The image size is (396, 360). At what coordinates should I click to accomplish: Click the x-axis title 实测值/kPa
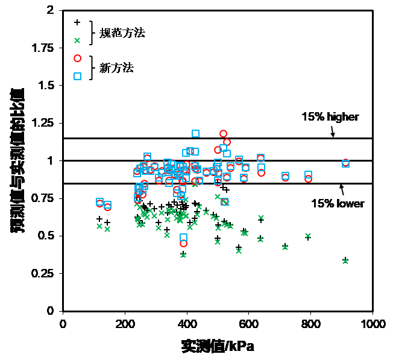(x=218, y=346)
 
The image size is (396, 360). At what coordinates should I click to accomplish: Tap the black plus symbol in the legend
(x=77, y=23)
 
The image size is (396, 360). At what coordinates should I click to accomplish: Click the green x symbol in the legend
(x=77, y=40)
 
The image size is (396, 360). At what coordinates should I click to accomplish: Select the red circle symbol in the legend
(x=77, y=58)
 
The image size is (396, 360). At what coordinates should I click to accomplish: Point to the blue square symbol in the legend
(x=77, y=76)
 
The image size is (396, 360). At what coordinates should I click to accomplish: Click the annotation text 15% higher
(x=330, y=117)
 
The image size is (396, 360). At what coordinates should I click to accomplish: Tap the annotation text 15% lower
(x=338, y=204)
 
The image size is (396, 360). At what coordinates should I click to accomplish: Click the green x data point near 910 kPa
(x=345, y=261)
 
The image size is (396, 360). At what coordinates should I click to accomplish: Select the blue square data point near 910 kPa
(x=346, y=163)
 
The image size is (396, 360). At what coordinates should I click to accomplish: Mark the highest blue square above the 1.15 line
(x=195, y=133)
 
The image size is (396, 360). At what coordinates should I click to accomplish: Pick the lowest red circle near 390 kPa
(x=183, y=243)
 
